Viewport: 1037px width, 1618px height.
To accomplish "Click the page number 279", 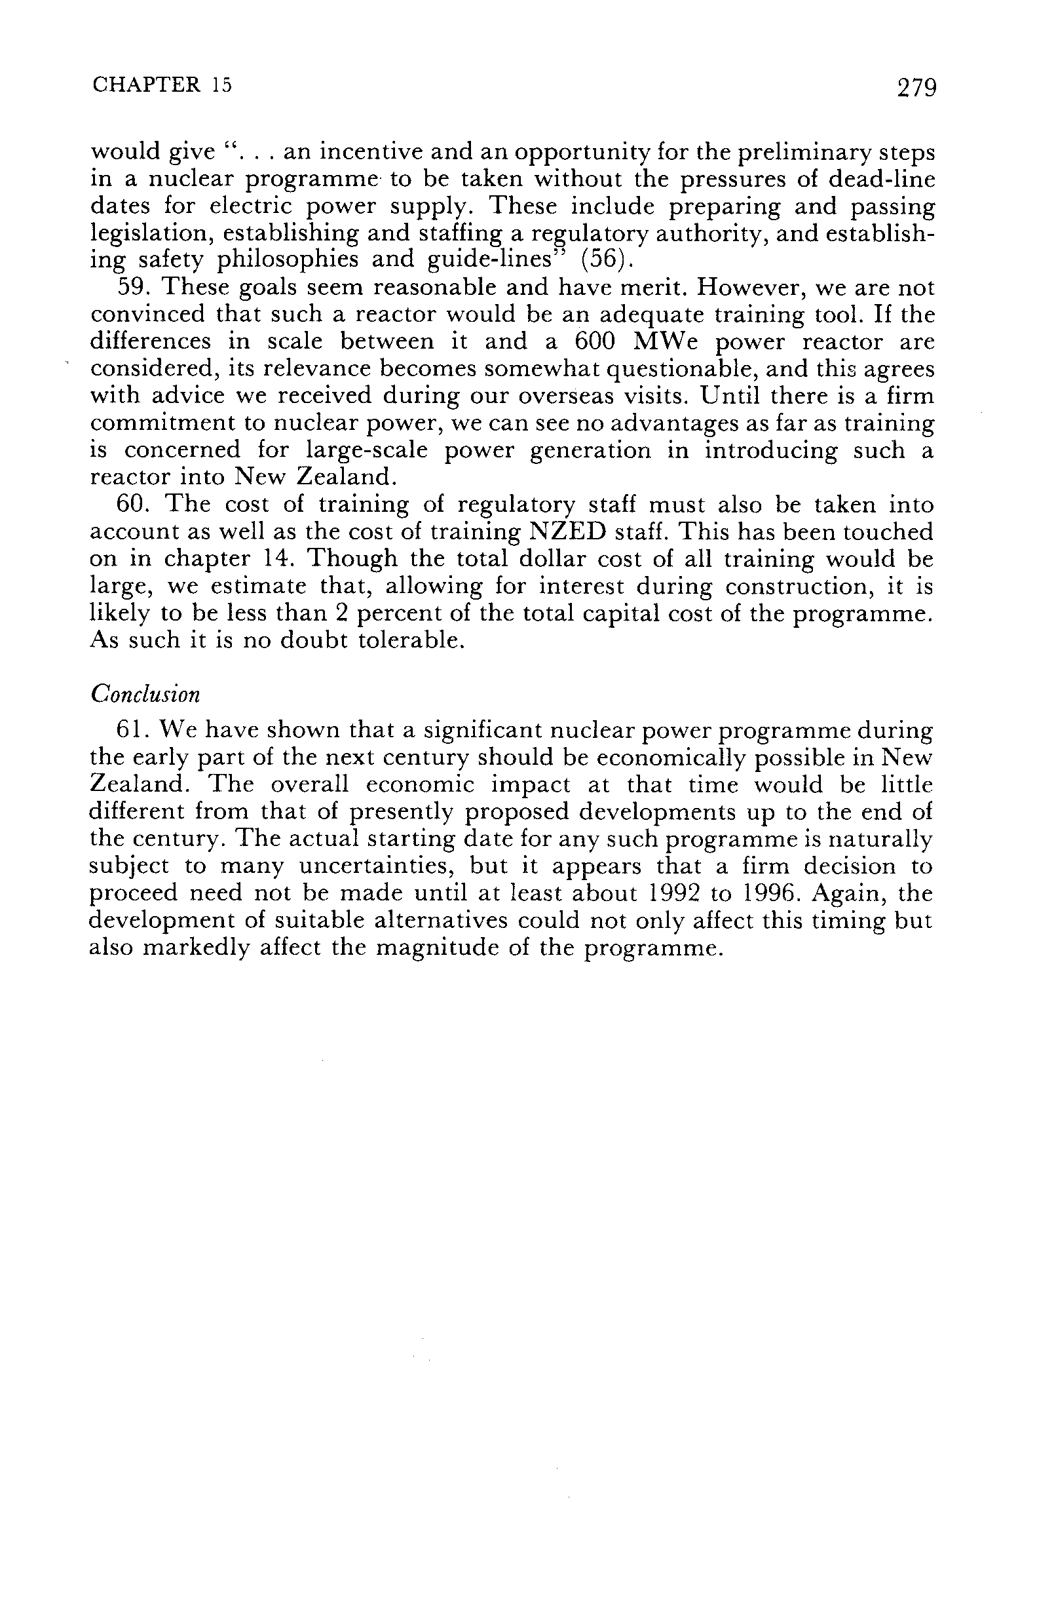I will pyautogui.click(x=916, y=88).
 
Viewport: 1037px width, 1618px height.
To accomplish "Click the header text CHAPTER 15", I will pyautogui.click(x=162, y=85).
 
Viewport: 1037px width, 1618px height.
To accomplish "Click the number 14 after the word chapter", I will pyautogui.click(x=282, y=559).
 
